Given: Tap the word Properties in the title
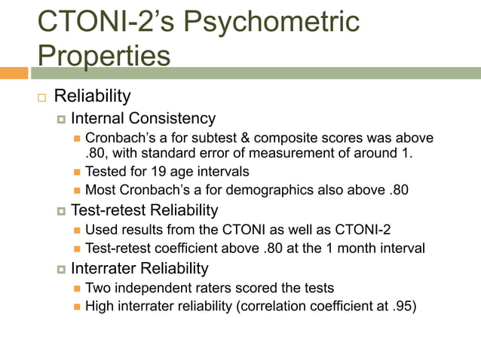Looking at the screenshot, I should [x=104, y=55].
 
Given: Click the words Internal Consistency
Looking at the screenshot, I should [x=143, y=118].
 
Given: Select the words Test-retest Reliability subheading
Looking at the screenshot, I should [x=144, y=210].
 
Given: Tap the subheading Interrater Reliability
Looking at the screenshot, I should [x=139, y=268].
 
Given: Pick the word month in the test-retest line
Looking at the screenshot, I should [x=363, y=248].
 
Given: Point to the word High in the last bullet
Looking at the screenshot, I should [x=100, y=305].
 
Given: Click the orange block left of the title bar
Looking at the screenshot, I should [x=14, y=73].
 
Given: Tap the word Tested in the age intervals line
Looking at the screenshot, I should [x=106, y=172].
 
